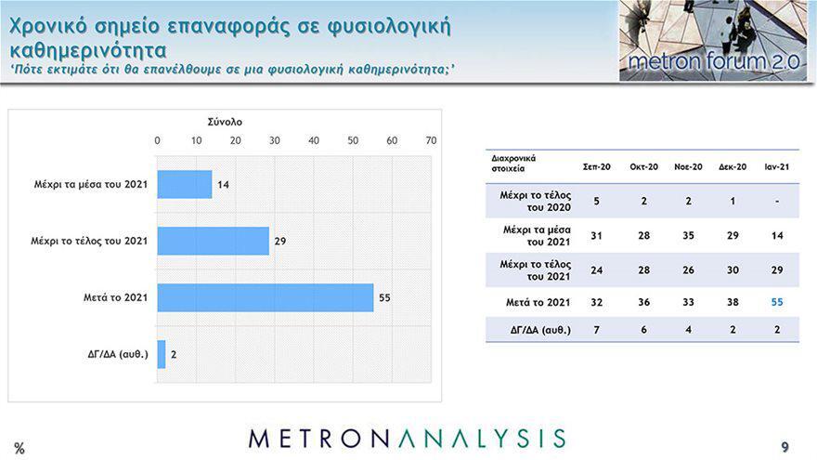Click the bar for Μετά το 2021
point(266,297)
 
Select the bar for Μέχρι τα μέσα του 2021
point(185,184)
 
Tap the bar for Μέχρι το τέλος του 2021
point(214,241)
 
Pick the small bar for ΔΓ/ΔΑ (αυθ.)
point(162,355)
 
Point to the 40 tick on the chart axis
point(314,140)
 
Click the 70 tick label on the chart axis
point(431,140)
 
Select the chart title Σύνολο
point(225,122)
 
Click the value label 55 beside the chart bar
point(384,297)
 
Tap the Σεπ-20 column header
point(597,167)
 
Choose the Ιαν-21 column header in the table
point(777,167)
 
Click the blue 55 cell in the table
point(777,302)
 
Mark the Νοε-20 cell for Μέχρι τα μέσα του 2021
point(688,236)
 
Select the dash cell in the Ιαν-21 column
point(777,202)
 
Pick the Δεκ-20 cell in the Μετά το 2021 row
point(733,302)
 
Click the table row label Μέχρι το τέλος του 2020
point(536,202)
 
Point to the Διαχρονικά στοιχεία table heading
point(513,164)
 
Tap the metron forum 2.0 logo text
point(714,61)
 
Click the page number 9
point(785,447)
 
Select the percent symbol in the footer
point(19,448)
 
